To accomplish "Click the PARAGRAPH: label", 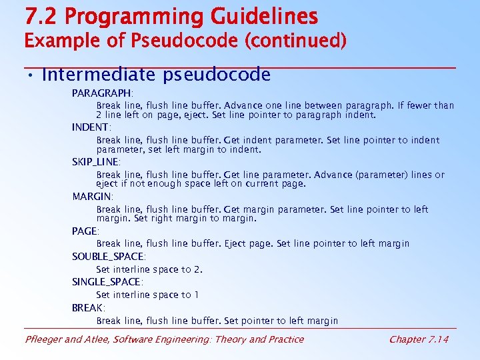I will click(103, 93).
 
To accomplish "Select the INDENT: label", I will click(91, 127).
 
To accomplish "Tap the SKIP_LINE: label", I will click(96, 162).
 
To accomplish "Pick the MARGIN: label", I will click(93, 197).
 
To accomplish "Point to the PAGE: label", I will click(86, 231).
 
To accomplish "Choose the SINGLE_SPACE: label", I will click(107, 282).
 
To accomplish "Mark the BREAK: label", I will click(89, 308).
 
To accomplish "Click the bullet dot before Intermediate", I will click(31, 75).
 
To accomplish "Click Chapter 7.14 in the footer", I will click(419, 339).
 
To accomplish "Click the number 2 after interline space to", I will click(198, 269).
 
